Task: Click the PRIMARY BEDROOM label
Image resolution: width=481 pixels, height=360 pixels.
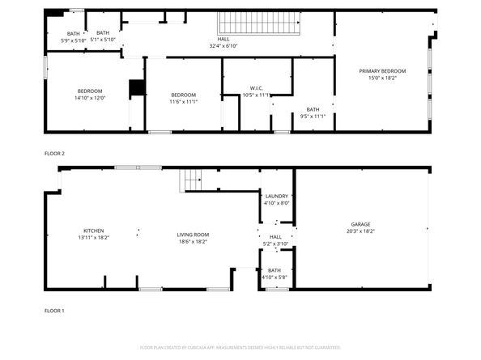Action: tap(382, 71)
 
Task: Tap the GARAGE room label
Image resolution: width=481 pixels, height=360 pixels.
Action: tap(360, 224)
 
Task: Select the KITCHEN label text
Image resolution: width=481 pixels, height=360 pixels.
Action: tap(94, 231)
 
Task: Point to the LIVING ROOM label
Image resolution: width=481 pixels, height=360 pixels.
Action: tap(193, 235)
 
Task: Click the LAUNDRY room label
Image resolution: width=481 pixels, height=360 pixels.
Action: tap(276, 197)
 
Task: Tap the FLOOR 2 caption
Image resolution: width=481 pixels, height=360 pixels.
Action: tap(54, 153)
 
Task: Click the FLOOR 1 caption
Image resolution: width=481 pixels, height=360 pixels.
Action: tap(54, 310)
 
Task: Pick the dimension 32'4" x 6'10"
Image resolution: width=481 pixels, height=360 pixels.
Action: tap(223, 45)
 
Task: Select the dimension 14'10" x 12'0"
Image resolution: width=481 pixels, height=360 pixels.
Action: tap(90, 98)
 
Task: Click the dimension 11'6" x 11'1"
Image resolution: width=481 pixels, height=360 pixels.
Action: tap(183, 102)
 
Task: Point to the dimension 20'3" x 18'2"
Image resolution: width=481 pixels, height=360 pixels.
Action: tap(360, 231)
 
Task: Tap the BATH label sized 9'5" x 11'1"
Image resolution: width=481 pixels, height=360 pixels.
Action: tap(313, 109)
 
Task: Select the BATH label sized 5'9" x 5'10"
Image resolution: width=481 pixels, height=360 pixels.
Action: tap(73, 33)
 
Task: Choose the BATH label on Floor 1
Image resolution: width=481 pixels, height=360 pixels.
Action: tap(275, 270)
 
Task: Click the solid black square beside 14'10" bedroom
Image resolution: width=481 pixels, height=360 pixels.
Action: tap(137, 87)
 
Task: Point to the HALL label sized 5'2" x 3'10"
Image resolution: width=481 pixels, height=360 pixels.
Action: tap(276, 237)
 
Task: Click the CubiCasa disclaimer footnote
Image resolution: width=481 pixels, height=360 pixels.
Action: tap(240, 347)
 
